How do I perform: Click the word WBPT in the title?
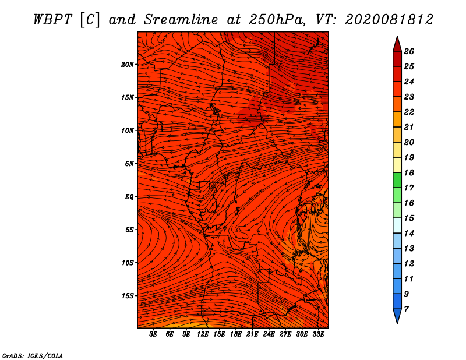click(53, 20)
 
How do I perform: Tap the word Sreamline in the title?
click(181, 20)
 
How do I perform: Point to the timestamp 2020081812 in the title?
click(389, 20)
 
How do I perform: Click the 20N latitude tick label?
click(128, 65)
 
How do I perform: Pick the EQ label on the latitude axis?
click(129, 197)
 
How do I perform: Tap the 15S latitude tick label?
click(128, 296)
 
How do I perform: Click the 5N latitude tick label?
click(129, 164)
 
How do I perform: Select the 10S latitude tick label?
click(128, 263)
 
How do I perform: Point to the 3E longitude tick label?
click(153, 334)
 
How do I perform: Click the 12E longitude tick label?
click(203, 334)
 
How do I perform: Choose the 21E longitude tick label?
click(252, 334)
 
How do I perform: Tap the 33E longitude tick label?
click(318, 334)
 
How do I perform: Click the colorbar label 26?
click(409, 51)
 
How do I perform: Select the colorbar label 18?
click(409, 172)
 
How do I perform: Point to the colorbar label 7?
click(406, 309)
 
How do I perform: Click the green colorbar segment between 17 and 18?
click(397, 180)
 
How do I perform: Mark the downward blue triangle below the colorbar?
click(397, 316)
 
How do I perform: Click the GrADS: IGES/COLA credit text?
click(33, 355)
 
